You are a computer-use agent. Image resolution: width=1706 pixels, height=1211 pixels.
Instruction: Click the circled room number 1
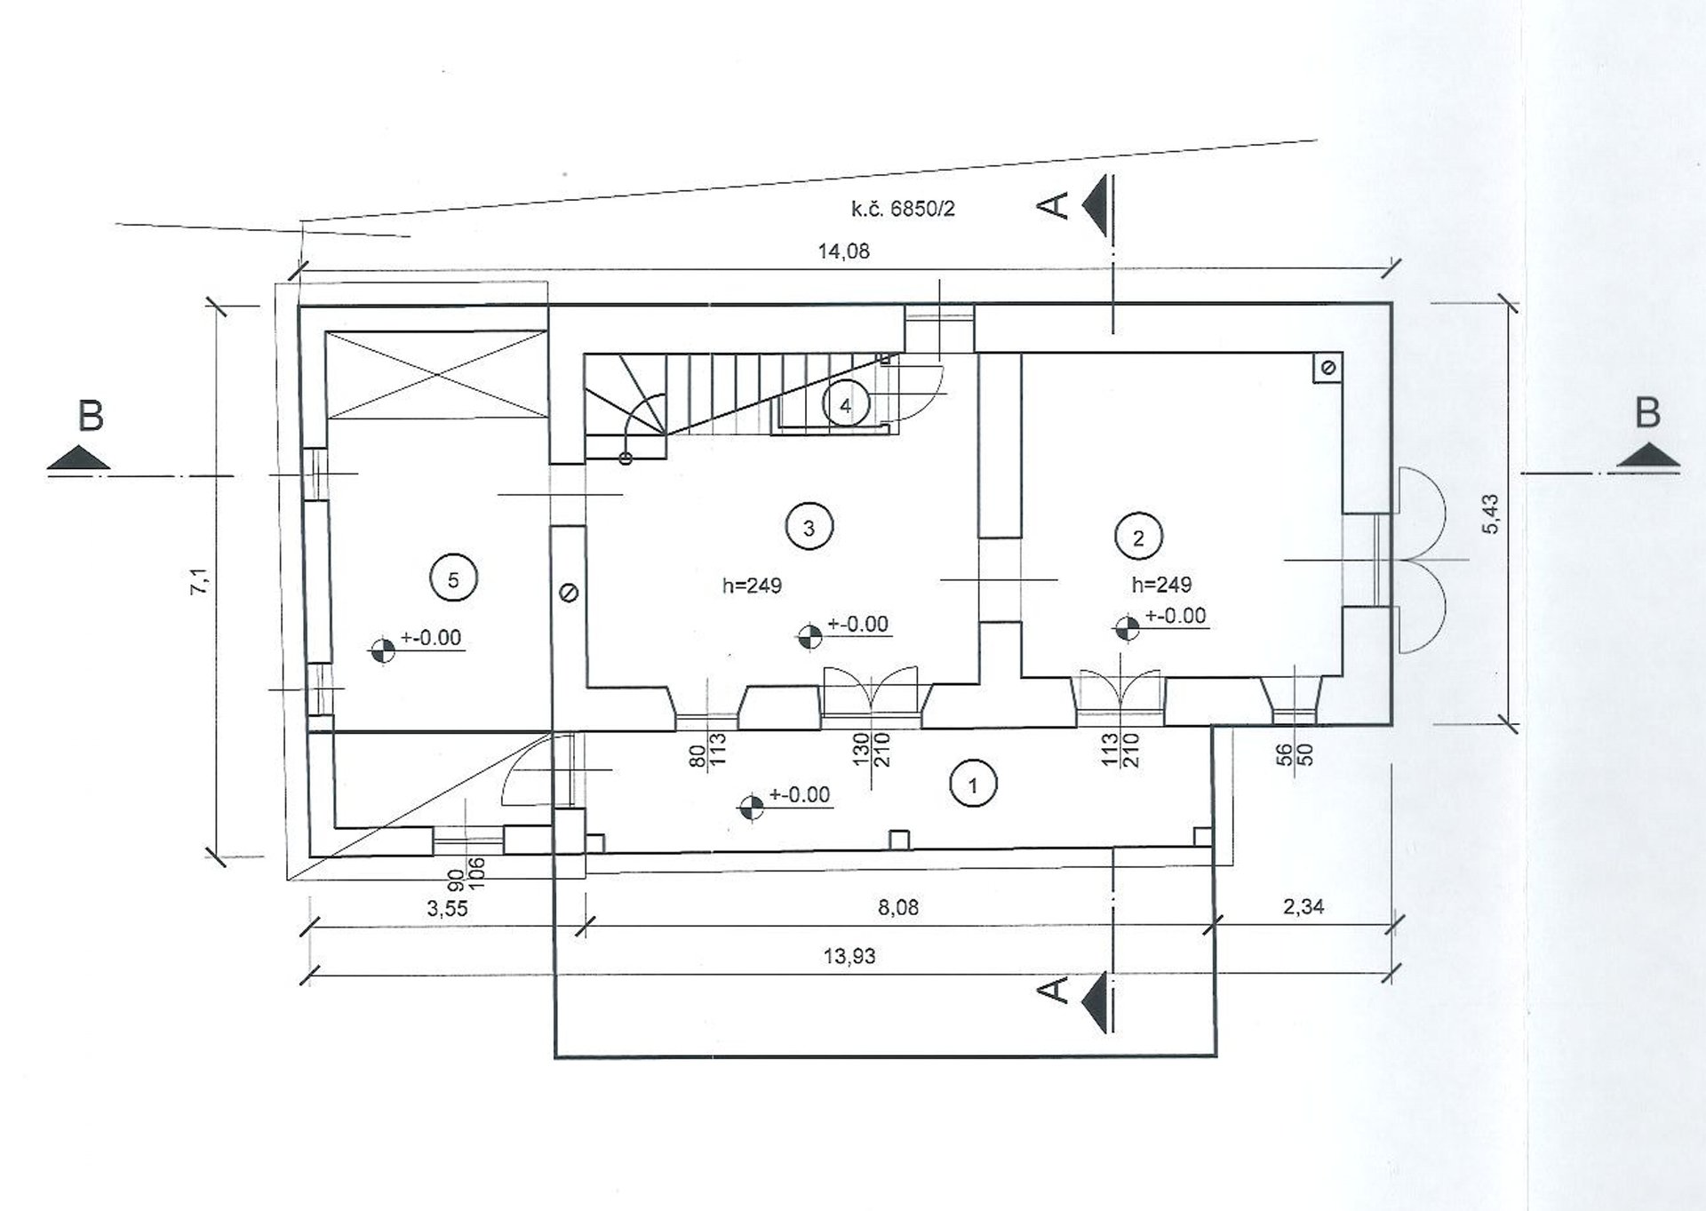(x=974, y=785)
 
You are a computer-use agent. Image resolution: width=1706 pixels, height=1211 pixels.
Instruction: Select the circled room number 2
(x=1139, y=537)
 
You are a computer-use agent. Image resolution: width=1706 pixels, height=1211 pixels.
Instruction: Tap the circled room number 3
(x=809, y=528)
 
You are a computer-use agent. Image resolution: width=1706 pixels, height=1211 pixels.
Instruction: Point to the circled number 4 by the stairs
(x=845, y=405)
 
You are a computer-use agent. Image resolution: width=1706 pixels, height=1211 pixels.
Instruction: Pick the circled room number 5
(x=453, y=579)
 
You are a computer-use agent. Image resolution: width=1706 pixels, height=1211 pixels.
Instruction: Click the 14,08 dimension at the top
(x=843, y=251)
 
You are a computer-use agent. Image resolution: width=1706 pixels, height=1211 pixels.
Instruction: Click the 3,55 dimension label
(x=447, y=909)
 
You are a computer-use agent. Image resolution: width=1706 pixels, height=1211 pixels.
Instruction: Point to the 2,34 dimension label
(x=1303, y=906)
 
